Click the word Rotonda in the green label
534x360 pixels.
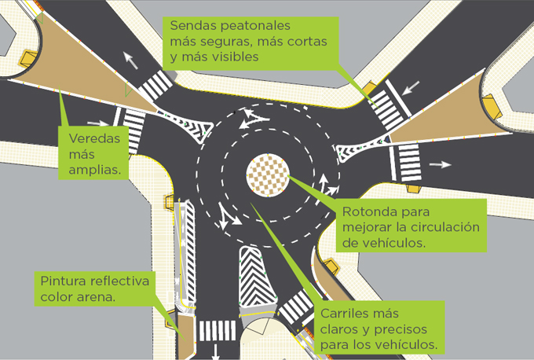click(367, 212)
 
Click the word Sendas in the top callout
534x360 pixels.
click(194, 25)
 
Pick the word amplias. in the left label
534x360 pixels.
click(93, 169)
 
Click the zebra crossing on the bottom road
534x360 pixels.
click(216, 331)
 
